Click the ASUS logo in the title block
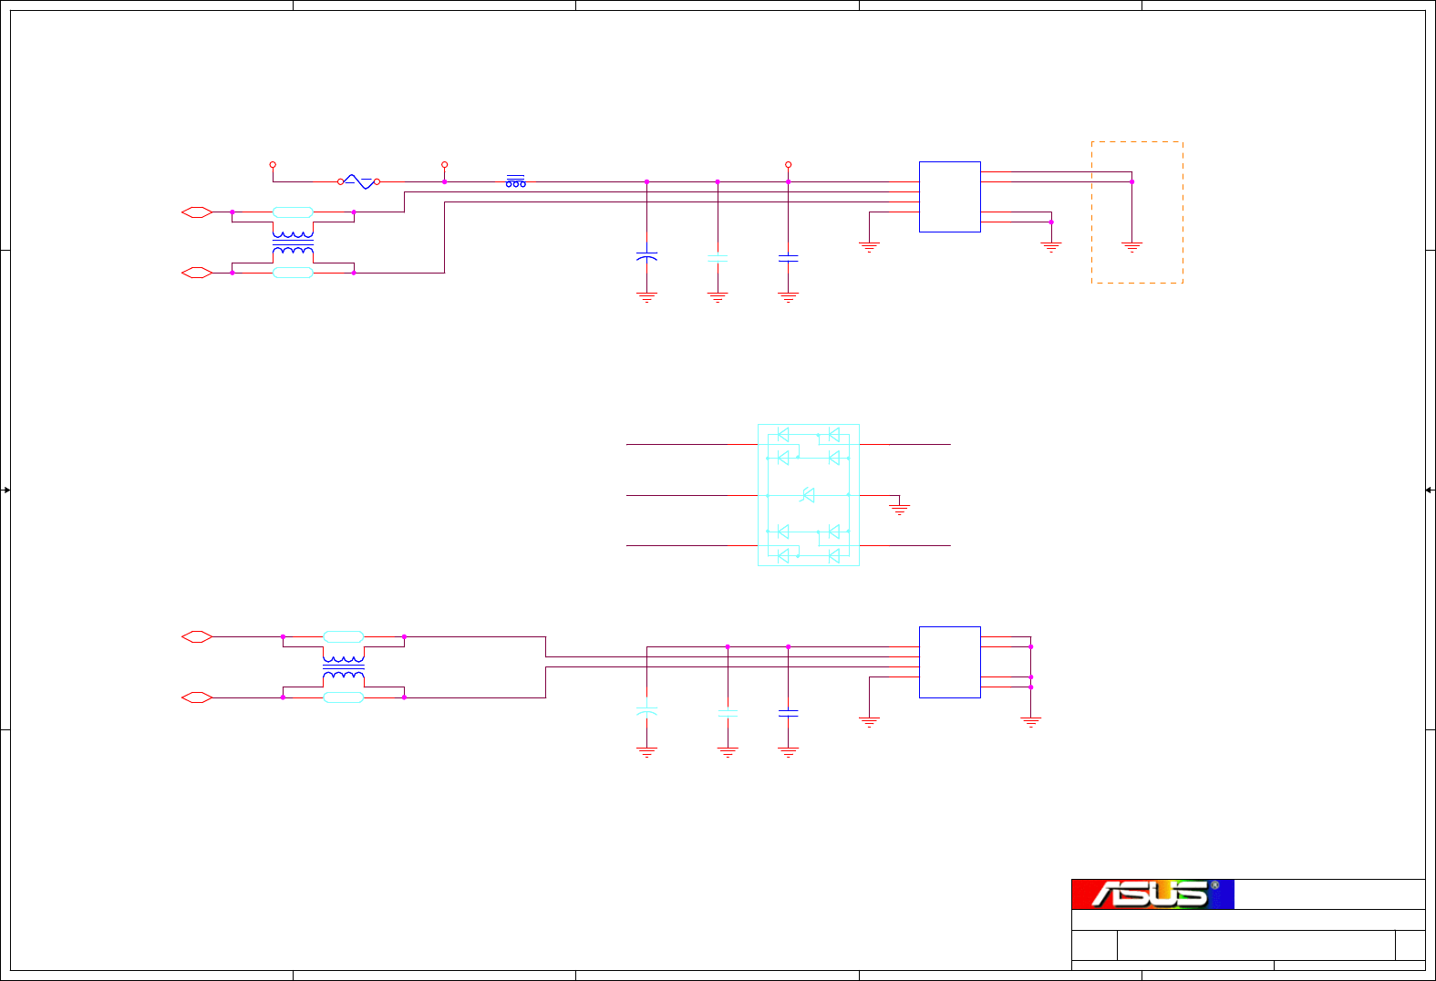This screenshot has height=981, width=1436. pyautogui.click(x=1152, y=894)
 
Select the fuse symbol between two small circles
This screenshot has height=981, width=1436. pyautogui.click(x=358, y=182)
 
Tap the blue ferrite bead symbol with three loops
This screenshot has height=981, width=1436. pyautogui.click(x=515, y=182)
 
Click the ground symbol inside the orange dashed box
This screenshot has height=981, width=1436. pyautogui.click(x=1131, y=246)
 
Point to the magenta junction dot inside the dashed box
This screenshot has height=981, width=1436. pyautogui.click(x=1131, y=182)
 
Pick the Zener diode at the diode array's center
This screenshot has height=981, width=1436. pyautogui.click(x=808, y=495)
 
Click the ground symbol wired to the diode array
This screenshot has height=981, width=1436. pyautogui.click(x=900, y=509)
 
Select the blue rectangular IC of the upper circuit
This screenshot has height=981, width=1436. pyautogui.click(x=949, y=197)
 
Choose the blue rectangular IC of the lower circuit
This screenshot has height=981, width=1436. pyautogui.click(x=949, y=662)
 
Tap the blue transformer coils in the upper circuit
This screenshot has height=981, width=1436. pyautogui.click(x=293, y=243)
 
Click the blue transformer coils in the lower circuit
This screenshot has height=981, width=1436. pyautogui.click(x=344, y=667)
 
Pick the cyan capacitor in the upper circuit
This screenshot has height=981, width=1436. pyautogui.click(x=718, y=258)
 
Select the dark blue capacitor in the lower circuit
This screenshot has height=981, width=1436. pyautogui.click(x=789, y=712)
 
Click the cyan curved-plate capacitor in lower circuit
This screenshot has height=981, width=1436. pyautogui.click(x=646, y=710)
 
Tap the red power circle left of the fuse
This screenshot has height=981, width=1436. pyautogui.click(x=273, y=165)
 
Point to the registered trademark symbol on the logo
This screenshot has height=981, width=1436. pyautogui.click(x=1214, y=885)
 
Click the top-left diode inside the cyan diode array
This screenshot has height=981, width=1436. pyautogui.click(x=782, y=435)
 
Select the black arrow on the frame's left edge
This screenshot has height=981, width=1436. pyautogui.click(x=5, y=490)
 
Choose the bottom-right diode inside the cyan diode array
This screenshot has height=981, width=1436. pyautogui.click(x=833, y=555)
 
